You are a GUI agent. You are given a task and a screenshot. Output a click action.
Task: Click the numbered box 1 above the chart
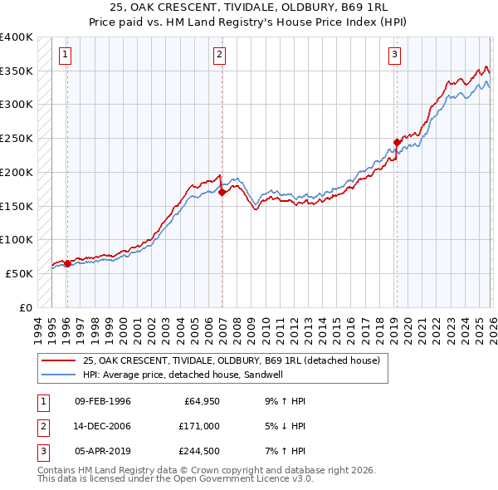pos(65,56)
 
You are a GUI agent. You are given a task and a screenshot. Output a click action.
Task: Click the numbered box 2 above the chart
pos(219,56)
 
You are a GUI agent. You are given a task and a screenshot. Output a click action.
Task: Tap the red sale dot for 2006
pos(222,192)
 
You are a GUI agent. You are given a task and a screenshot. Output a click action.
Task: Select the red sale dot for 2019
pos(397,142)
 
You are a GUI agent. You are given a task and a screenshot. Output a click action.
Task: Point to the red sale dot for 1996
pos(67,264)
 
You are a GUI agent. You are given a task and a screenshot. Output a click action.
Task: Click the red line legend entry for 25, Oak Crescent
pos(231,360)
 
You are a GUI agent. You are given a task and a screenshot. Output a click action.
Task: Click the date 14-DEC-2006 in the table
pos(102,425)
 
